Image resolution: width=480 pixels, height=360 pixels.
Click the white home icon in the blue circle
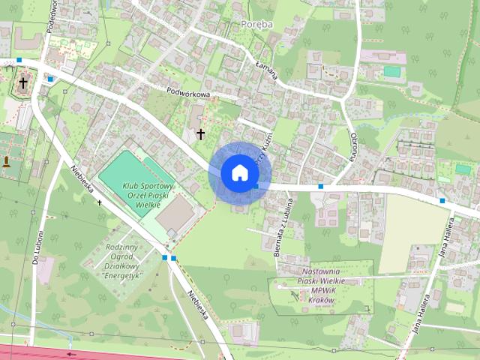click(239, 172)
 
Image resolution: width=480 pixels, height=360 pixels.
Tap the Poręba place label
click(257, 24)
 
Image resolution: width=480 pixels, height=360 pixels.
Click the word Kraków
click(320, 298)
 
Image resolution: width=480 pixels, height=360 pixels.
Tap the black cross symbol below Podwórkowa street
click(200, 133)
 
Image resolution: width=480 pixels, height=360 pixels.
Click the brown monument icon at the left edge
click(7, 160)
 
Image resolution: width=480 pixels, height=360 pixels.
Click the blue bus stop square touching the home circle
click(256, 185)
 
